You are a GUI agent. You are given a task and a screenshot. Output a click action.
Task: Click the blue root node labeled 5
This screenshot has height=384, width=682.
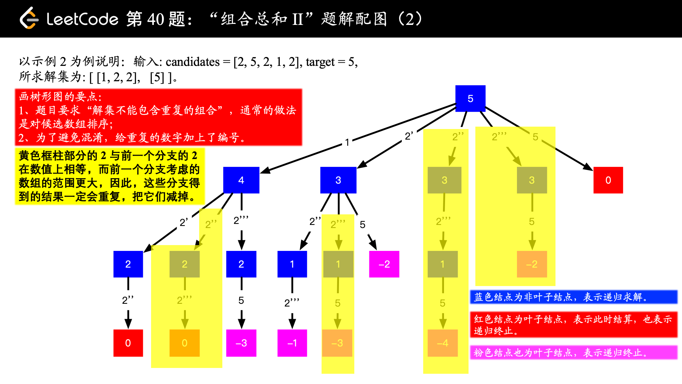coord(470,99)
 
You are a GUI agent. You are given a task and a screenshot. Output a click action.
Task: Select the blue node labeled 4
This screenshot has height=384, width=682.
coord(241,180)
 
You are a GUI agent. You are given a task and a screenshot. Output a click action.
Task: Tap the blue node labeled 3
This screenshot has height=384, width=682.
coord(338,180)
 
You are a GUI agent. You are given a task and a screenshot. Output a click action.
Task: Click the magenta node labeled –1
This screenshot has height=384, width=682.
coord(292,343)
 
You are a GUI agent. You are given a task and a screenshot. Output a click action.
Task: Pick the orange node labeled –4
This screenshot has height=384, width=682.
coord(443,343)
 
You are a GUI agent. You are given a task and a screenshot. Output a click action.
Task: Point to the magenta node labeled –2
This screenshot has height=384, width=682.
coord(384,264)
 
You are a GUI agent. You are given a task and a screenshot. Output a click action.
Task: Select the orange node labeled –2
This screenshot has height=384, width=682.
coord(532,264)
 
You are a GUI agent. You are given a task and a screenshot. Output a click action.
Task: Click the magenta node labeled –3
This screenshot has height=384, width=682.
coord(241,343)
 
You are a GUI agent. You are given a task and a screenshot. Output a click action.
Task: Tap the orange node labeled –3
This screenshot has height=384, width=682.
coord(337,343)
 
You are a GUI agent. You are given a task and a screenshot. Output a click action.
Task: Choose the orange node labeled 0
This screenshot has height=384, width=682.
coord(184,343)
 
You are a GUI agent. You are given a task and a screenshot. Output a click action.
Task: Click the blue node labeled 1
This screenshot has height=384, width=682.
coord(292,264)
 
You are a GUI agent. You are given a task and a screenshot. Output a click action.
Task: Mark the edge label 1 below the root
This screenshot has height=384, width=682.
coord(347,142)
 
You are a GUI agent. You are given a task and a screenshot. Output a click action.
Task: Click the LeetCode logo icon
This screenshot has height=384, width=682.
coord(29,18)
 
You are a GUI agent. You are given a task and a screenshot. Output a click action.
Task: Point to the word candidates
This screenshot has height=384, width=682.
coord(193,62)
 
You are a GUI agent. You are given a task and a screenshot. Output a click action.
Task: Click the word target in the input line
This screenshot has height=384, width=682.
coord(320,62)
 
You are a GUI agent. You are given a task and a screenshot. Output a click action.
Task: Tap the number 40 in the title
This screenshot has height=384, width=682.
coord(155,19)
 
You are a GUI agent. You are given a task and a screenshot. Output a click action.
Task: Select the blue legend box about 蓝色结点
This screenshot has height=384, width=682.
coord(574,297)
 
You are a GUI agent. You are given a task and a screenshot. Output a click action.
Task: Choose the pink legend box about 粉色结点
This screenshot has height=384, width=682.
coord(574,353)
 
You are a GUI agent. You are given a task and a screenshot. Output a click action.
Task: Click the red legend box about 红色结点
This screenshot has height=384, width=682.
coord(574,325)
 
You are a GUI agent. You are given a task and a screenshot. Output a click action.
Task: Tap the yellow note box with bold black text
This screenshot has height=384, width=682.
coord(109,176)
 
